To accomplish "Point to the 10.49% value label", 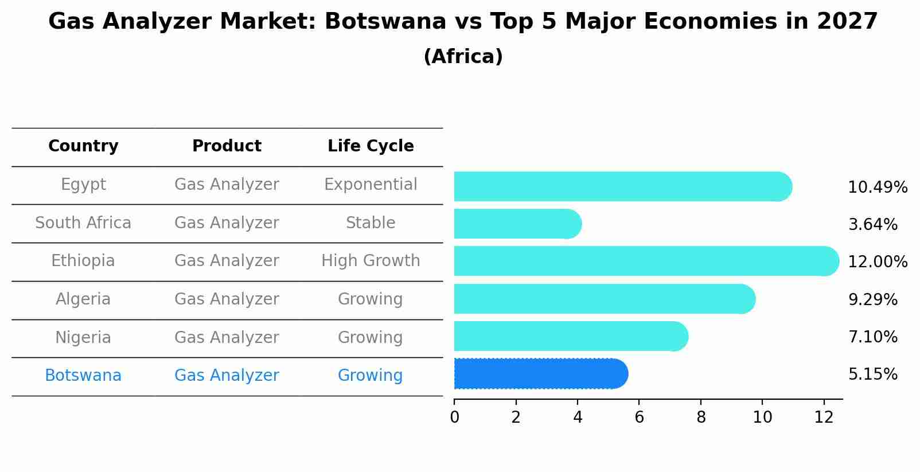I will click(x=877, y=188).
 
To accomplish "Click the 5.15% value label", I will click(x=872, y=375).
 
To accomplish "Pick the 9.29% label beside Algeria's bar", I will click(x=872, y=299).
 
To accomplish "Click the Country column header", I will click(x=83, y=146).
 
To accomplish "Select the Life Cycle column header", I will click(x=371, y=146).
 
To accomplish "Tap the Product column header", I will click(x=227, y=146).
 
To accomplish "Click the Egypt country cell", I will click(x=83, y=185).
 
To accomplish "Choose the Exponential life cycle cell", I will click(x=371, y=185).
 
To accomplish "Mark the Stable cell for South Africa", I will click(x=371, y=223).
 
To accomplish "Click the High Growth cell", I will click(x=371, y=261).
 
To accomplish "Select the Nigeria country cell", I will click(x=83, y=337).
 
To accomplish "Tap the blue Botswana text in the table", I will click(x=83, y=376).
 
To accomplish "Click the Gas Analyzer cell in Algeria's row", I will click(x=227, y=299).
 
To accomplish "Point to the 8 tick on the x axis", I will click(x=701, y=418).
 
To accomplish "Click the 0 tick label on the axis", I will click(x=454, y=418).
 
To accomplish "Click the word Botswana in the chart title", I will click(x=385, y=22).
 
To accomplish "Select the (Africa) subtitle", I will click(x=463, y=56).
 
